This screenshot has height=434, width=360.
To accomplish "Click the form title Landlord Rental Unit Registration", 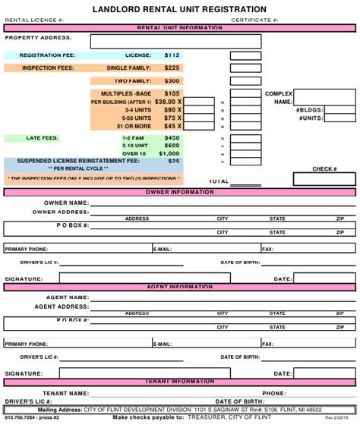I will tap(180, 9).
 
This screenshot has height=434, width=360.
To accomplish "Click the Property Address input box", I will tap(175, 41).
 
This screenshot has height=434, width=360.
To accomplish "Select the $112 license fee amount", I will tap(172, 55).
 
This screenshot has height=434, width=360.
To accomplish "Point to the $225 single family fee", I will tap(172, 68).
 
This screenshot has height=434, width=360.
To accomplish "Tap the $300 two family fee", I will tap(172, 81).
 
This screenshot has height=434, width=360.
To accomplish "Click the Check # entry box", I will tap(324, 179).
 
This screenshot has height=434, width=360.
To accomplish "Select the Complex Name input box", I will tap(324, 97).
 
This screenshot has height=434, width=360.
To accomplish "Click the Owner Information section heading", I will tap(180, 193).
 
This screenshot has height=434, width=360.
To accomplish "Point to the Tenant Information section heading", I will tap(180, 382).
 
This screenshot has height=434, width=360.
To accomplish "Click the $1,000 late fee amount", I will tap(169, 153).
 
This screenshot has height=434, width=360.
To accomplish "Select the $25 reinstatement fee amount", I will tap(174, 161).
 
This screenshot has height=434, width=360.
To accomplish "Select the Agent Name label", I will tap(68, 298).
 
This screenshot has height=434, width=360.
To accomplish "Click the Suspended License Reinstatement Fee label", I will tap(78, 161).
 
